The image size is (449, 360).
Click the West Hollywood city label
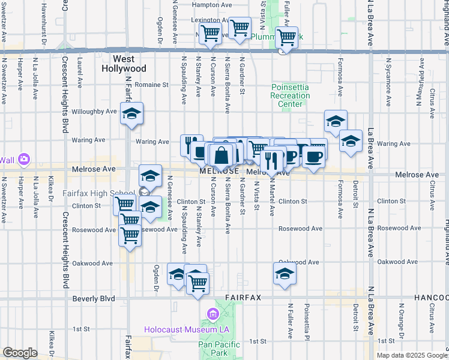[129, 64]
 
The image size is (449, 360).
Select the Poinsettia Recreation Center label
[290, 95]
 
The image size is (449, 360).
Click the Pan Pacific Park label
[219, 349]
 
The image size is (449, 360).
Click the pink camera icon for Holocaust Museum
[212, 314]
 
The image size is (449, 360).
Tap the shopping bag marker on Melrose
[221, 155]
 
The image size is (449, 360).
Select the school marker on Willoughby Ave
[131, 113]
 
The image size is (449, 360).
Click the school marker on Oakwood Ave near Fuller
[285, 274]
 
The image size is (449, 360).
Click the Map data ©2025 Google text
[411, 355]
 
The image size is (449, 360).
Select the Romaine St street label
[151, 85]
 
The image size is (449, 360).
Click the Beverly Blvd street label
[93, 298]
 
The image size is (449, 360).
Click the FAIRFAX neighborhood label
[243, 298]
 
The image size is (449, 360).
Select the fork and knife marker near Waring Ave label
[191, 144]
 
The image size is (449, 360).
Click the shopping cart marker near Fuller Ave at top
[286, 37]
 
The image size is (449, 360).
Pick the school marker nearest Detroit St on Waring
[351, 142]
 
